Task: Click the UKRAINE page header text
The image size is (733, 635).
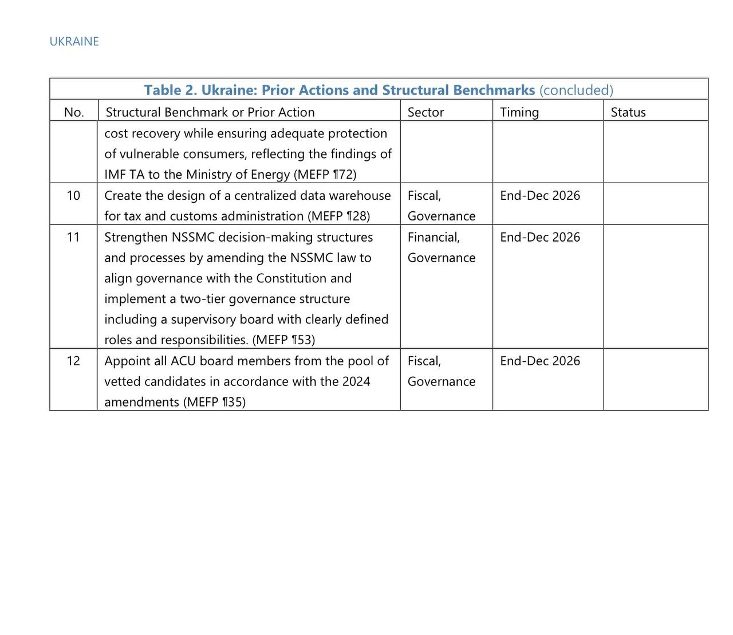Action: (74, 41)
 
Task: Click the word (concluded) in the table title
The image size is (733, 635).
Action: (576, 90)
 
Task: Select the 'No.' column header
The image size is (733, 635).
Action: (74, 112)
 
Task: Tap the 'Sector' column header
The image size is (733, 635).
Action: (425, 112)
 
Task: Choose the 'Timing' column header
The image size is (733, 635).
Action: (519, 112)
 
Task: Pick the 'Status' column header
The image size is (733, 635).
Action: (628, 112)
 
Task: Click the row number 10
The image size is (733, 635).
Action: (73, 195)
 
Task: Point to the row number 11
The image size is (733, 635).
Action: (73, 237)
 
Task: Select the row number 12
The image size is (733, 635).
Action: (73, 361)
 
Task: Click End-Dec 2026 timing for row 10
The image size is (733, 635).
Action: (539, 195)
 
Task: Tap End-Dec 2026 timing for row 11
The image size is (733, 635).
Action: (539, 237)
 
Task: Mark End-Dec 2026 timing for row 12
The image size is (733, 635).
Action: (539, 361)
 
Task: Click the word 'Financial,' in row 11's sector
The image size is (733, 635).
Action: (434, 237)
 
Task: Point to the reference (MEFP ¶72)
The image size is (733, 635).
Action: (325, 175)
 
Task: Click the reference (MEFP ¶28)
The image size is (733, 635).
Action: (338, 216)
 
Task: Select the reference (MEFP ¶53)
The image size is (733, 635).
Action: (283, 340)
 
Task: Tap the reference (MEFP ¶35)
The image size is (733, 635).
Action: (214, 402)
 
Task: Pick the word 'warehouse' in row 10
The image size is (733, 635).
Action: (362, 195)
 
